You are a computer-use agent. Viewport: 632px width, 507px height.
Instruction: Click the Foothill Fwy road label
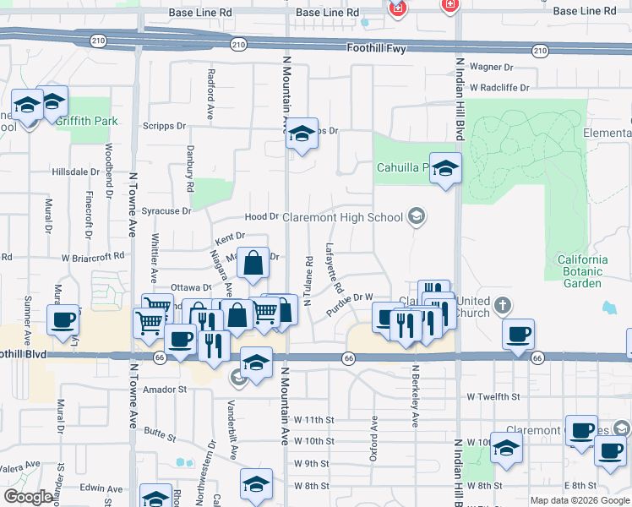376,49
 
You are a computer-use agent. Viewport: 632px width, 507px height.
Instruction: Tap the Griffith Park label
87,121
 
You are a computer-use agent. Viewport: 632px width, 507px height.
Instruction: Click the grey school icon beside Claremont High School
416,217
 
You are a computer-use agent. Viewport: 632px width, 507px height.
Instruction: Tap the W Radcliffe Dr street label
499,87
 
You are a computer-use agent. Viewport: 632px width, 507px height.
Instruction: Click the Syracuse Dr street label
169,210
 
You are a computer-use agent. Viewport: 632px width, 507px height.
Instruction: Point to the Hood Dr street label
262,217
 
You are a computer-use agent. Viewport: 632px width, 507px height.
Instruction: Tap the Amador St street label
164,390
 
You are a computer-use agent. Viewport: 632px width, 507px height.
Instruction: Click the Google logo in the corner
28,497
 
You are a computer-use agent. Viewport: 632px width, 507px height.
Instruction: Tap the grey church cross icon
502,304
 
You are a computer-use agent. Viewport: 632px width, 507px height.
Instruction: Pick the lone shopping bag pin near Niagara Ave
253,263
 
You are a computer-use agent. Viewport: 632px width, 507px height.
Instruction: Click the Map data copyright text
579,500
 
